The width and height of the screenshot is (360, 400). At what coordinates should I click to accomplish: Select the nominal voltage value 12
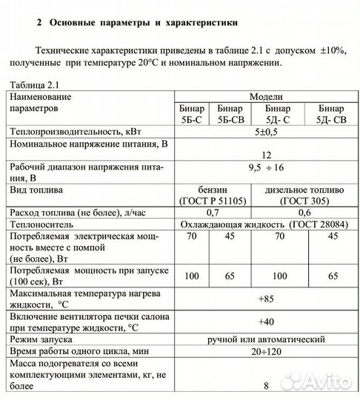(266, 154)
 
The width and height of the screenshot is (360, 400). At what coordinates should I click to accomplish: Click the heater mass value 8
(266, 386)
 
